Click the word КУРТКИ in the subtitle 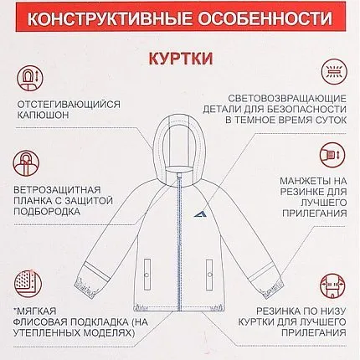point(181,59)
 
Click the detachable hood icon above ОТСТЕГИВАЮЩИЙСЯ point(30,77)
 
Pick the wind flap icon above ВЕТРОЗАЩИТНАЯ point(26,163)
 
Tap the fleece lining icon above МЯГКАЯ point(28,284)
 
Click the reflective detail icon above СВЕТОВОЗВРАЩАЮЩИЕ point(333,72)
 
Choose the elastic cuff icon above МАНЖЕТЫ point(332,155)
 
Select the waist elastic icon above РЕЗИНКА point(332,285)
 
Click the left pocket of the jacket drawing point(147,275)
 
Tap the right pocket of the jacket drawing point(209,275)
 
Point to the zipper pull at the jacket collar point(178,176)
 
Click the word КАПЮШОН point(43,115)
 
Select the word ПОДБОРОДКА point(47,211)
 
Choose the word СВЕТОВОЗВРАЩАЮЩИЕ point(287,99)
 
